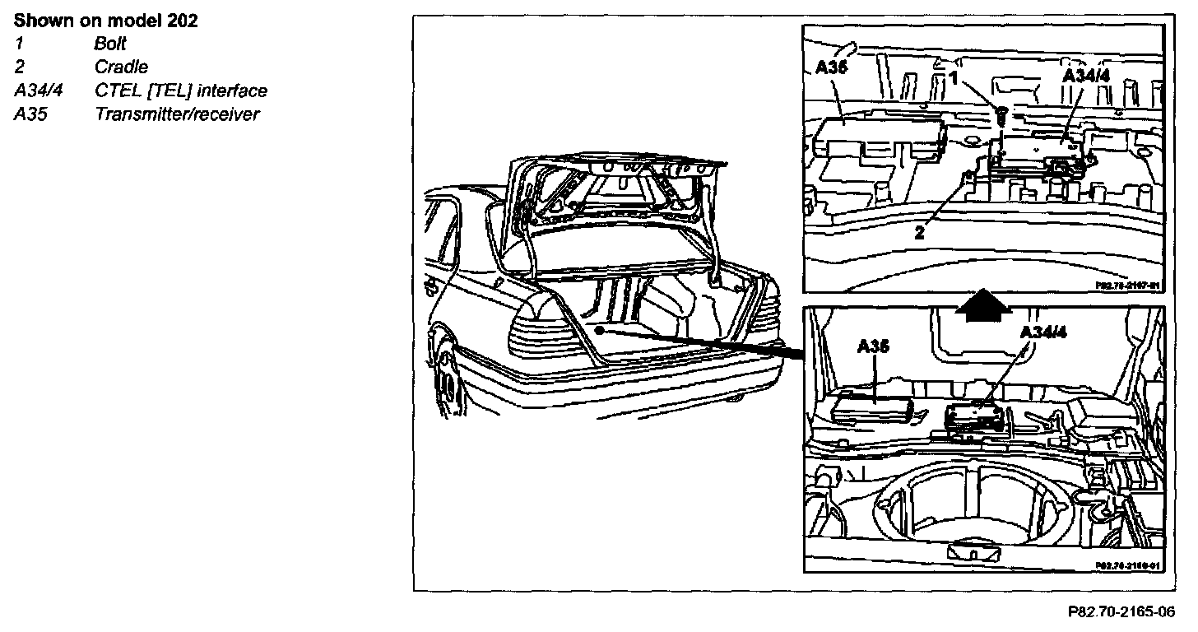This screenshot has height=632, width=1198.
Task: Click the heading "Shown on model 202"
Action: pos(105,21)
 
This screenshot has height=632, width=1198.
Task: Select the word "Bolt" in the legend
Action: pos(110,44)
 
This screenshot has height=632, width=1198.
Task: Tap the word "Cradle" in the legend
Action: pos(121,67)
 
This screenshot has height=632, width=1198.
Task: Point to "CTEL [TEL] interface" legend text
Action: pos(181,91)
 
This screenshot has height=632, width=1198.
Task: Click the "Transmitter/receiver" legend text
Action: pos(177,114)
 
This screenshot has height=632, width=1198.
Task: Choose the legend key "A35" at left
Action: pos(30,114)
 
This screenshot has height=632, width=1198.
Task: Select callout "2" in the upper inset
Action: pos(919,232)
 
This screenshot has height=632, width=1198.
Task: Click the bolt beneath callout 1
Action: pos(1002,116)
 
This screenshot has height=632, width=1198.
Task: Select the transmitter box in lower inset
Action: pos(872,408)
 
